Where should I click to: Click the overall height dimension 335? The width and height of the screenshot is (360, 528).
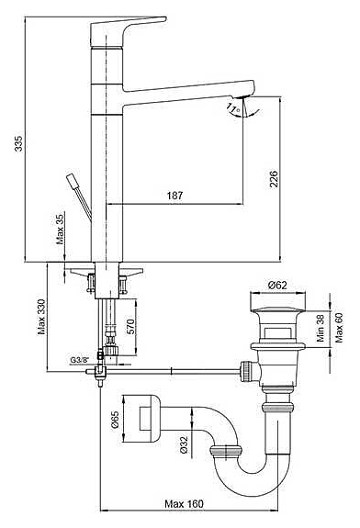(19, 143)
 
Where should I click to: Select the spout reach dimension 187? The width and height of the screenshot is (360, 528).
(174, 196)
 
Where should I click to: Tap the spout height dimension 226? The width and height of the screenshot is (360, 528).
(274, 179)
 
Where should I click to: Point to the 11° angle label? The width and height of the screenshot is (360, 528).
(233, 108)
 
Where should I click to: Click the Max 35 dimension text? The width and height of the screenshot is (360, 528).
(60, 229)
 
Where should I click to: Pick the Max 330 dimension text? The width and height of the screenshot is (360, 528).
(41, 317)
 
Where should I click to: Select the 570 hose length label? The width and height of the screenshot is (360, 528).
(130, 326)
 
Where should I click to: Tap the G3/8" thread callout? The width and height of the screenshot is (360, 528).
(79, 360)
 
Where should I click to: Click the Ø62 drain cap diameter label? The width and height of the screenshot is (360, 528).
(277, 286)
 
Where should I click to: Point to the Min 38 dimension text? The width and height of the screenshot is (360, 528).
(320, 329)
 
